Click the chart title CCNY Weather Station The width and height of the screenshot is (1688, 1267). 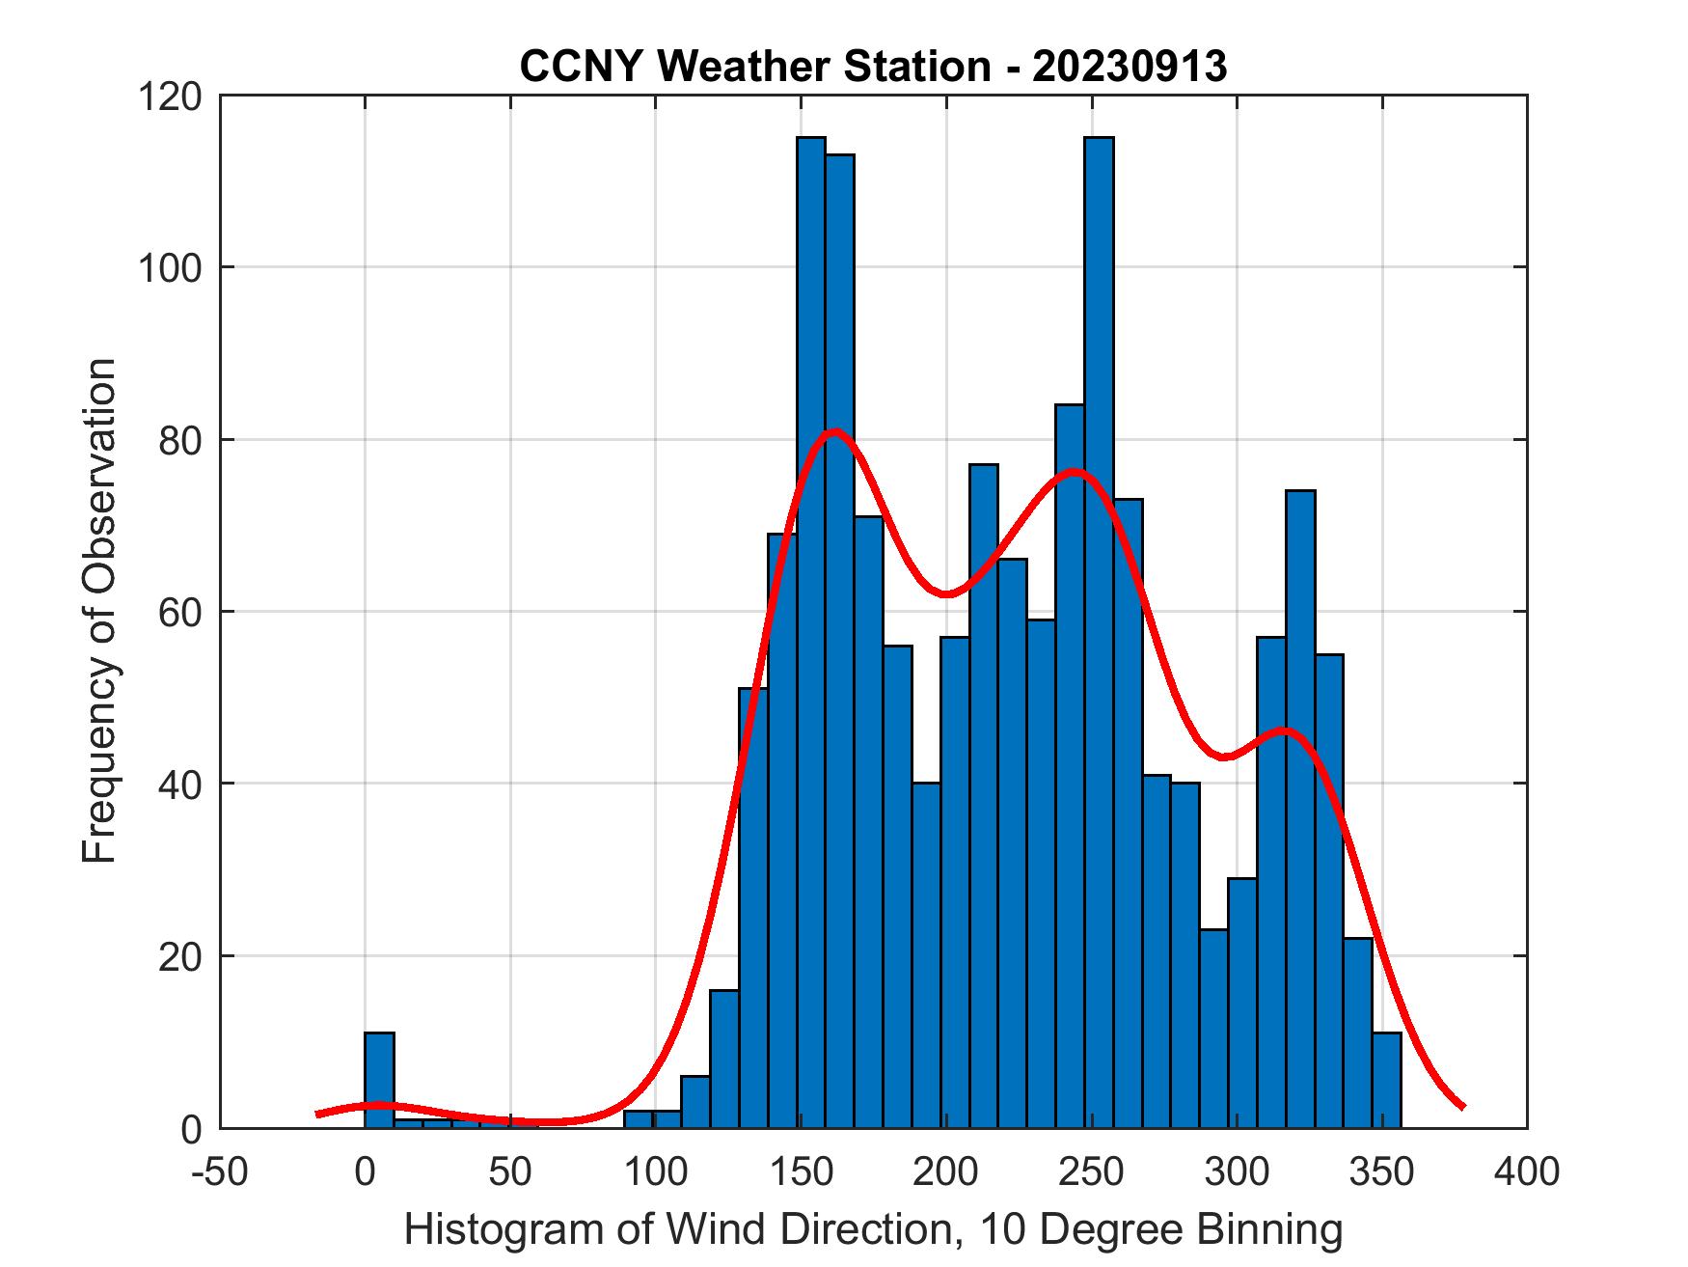coord(873,67)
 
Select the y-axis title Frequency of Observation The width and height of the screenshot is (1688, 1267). coord(99,611)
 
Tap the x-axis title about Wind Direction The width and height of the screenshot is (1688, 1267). coord(873,1229)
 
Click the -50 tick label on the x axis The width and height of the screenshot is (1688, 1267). coord(221,1171)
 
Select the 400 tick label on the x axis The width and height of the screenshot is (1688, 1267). coord(1527,1171)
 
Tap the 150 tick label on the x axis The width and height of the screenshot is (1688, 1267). coord(801,1171)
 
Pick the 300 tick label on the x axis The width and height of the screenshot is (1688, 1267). coord(1237,1171)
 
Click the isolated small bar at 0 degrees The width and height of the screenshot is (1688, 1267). coord(379,1081)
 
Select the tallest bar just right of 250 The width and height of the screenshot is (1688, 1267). coord(1099,627)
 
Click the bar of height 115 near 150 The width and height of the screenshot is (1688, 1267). coord(811,627)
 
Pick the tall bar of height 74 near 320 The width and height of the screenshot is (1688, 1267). coord(1300,811)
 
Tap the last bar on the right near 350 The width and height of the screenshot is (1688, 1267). coord(1386,1081)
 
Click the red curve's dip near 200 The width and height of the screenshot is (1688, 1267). coord(947,593)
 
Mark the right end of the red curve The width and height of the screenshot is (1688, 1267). coord(1463,1106)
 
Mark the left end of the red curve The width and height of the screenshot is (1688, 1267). coord(318,1115)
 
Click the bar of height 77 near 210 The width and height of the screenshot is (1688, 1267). coord(983,791)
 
